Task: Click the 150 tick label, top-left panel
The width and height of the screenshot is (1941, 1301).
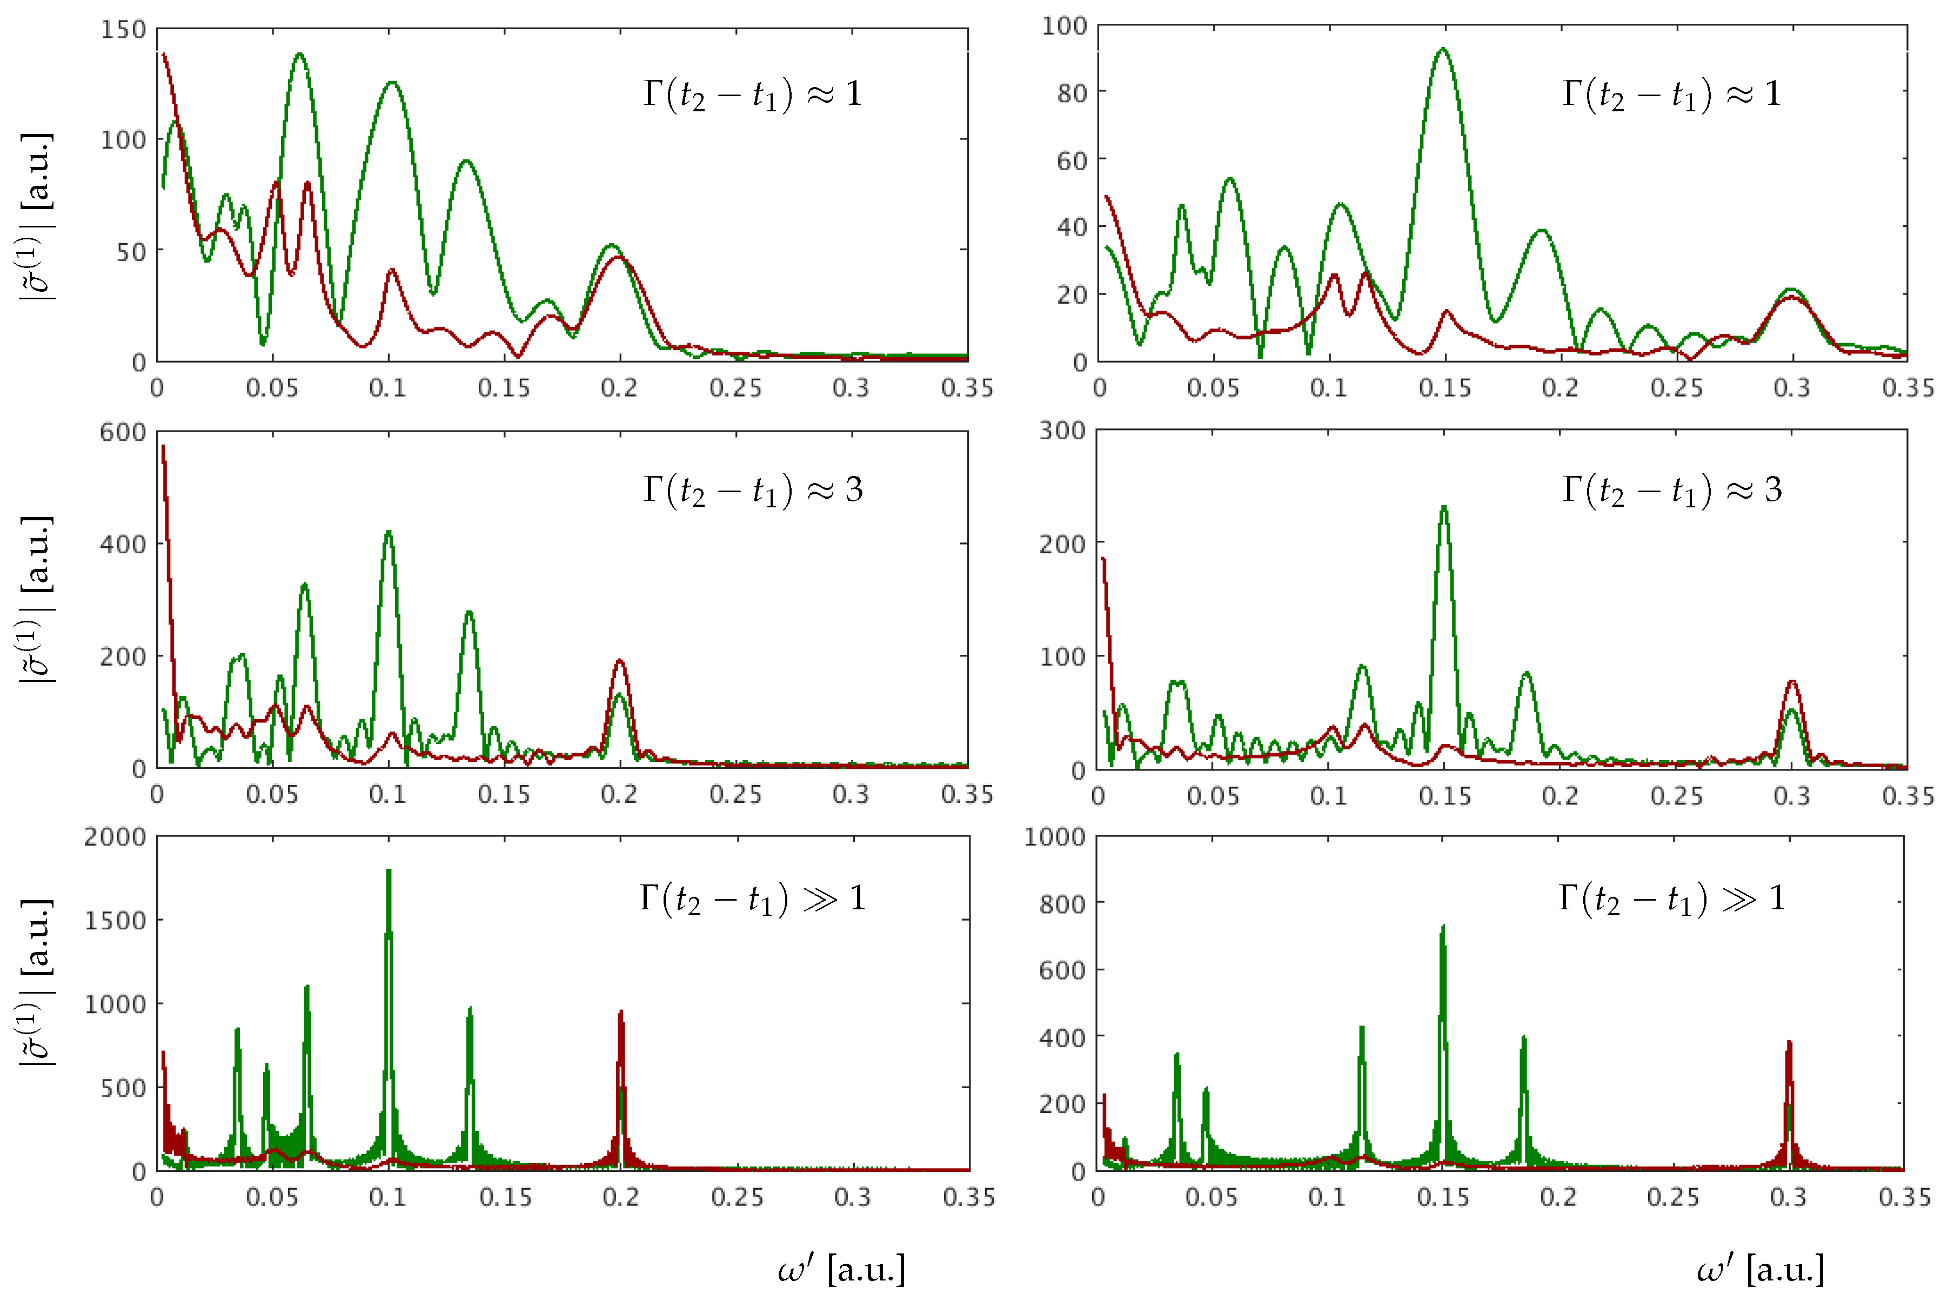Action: click(123, 30)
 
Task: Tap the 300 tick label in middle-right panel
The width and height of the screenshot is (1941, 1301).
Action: click(1062, 431)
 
